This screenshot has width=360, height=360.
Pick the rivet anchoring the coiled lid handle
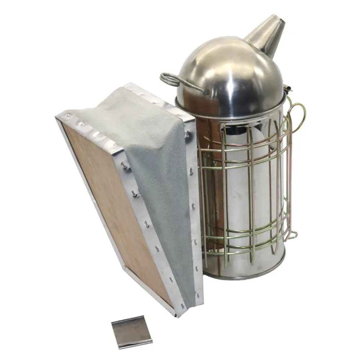[207, 92]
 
